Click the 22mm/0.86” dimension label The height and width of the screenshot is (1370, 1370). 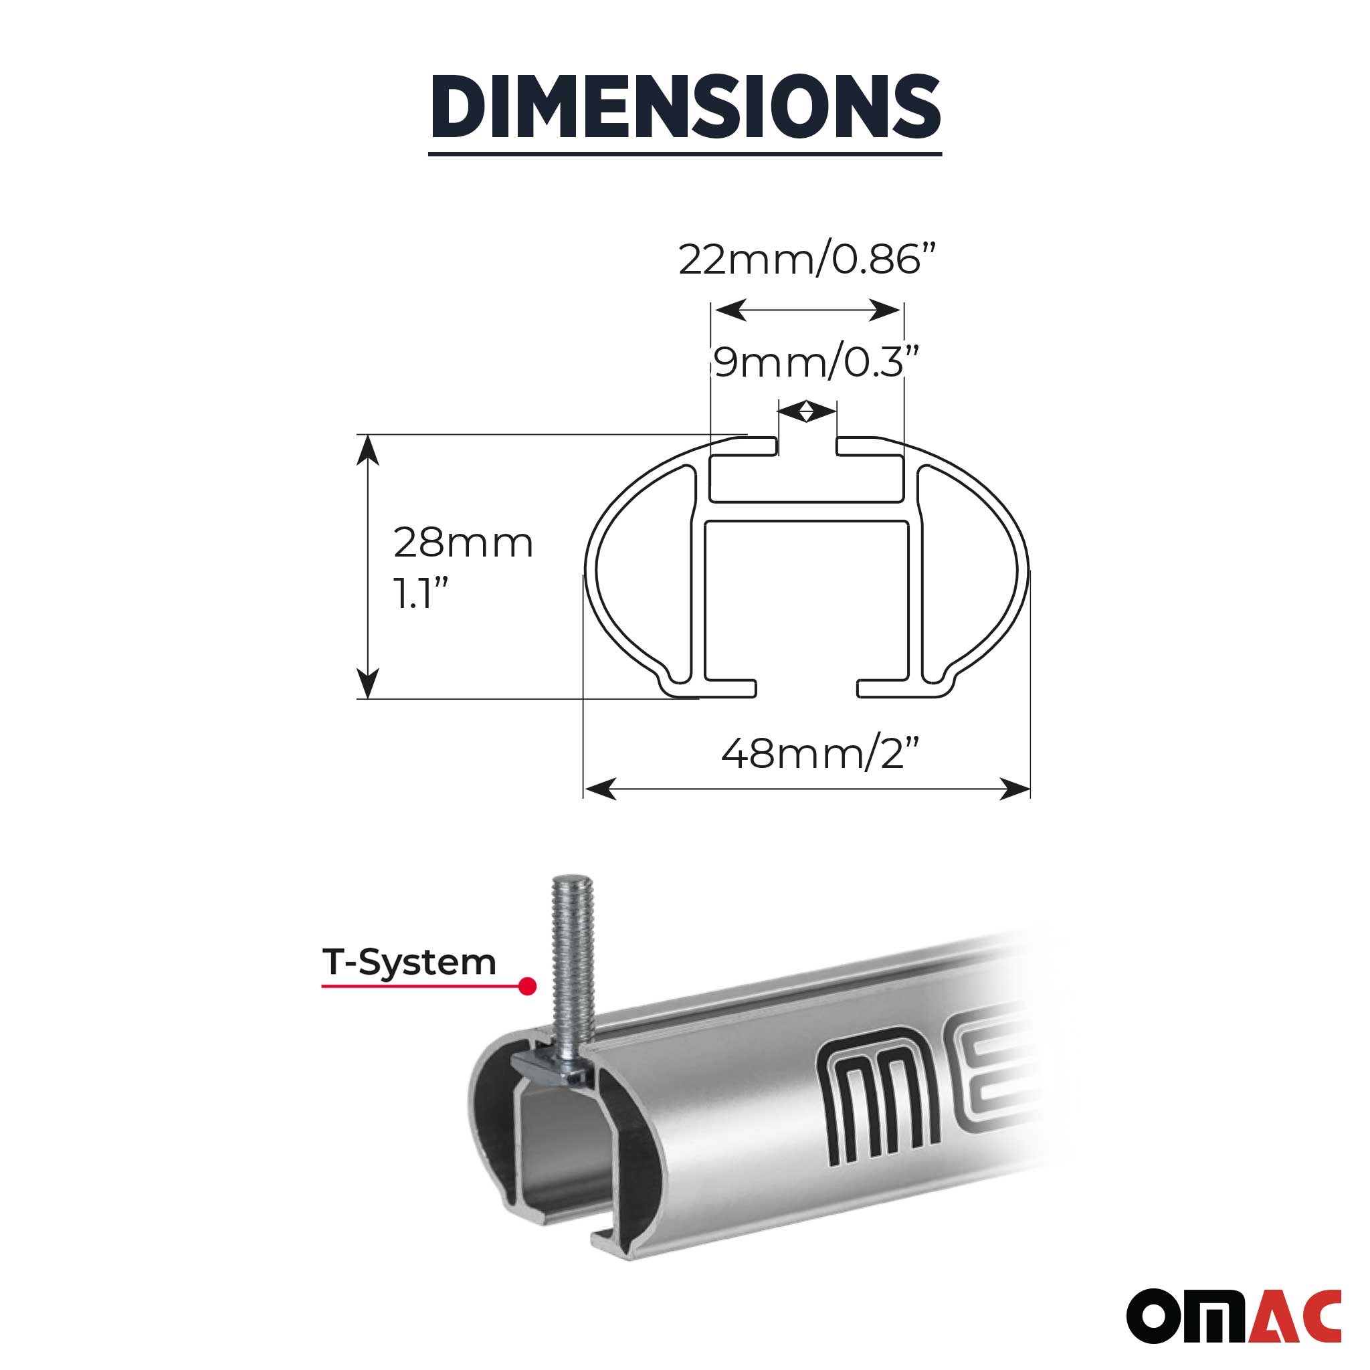(807, 260)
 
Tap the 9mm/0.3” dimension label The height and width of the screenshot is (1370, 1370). (815, 363)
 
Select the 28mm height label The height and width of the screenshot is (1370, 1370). (463, 543)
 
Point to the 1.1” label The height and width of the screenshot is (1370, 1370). (421, 594)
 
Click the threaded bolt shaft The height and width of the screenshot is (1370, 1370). (571, 943)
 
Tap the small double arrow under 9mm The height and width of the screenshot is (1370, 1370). (807, 411)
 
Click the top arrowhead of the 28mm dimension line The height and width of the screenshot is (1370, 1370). (367, 450)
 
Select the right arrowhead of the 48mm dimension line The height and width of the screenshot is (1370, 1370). (1014, 789)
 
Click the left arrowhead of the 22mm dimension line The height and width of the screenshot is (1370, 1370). (730, 310)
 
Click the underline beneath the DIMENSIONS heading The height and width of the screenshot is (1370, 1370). (685, 153)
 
